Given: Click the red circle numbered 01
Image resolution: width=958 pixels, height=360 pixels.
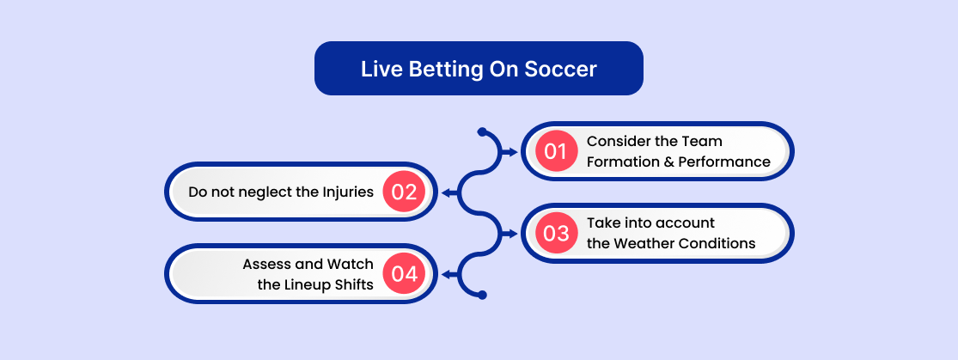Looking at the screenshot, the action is (556, 151).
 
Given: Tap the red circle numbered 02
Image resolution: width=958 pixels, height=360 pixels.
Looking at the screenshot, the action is (404, 192).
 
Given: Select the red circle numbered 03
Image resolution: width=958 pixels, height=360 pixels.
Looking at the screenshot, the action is (556, 233).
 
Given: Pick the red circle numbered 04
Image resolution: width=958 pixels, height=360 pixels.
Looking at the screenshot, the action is (404, 274).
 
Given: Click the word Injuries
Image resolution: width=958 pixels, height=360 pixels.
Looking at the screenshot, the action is (346, 192).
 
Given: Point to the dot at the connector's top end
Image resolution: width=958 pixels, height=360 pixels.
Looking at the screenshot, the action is (481, 131).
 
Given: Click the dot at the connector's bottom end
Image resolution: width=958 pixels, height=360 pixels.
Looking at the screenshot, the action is (481, 296).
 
